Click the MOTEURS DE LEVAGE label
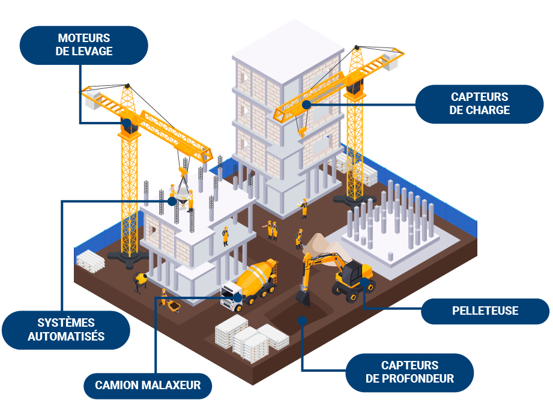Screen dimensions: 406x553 click(x=84, y=45)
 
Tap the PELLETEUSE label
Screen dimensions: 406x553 click(x=485, y=311)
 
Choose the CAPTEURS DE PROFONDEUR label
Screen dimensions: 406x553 click(x=409, y=372)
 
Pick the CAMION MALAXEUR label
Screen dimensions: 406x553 click(x=148, y=385)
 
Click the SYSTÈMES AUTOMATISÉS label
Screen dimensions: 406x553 click(x=66, y=330)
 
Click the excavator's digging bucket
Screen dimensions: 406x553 click(x=303, y=297)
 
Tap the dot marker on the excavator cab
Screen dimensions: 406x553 click(x=364, y=280)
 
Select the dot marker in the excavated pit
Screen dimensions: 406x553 click(x=303, y=321)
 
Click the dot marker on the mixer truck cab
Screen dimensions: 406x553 click(x=238, y=297)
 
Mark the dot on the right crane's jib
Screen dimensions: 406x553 click(x=306, y=104)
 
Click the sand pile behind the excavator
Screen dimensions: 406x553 click(x=321, y=243)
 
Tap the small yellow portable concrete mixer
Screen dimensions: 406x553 click(x=142, y=279)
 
